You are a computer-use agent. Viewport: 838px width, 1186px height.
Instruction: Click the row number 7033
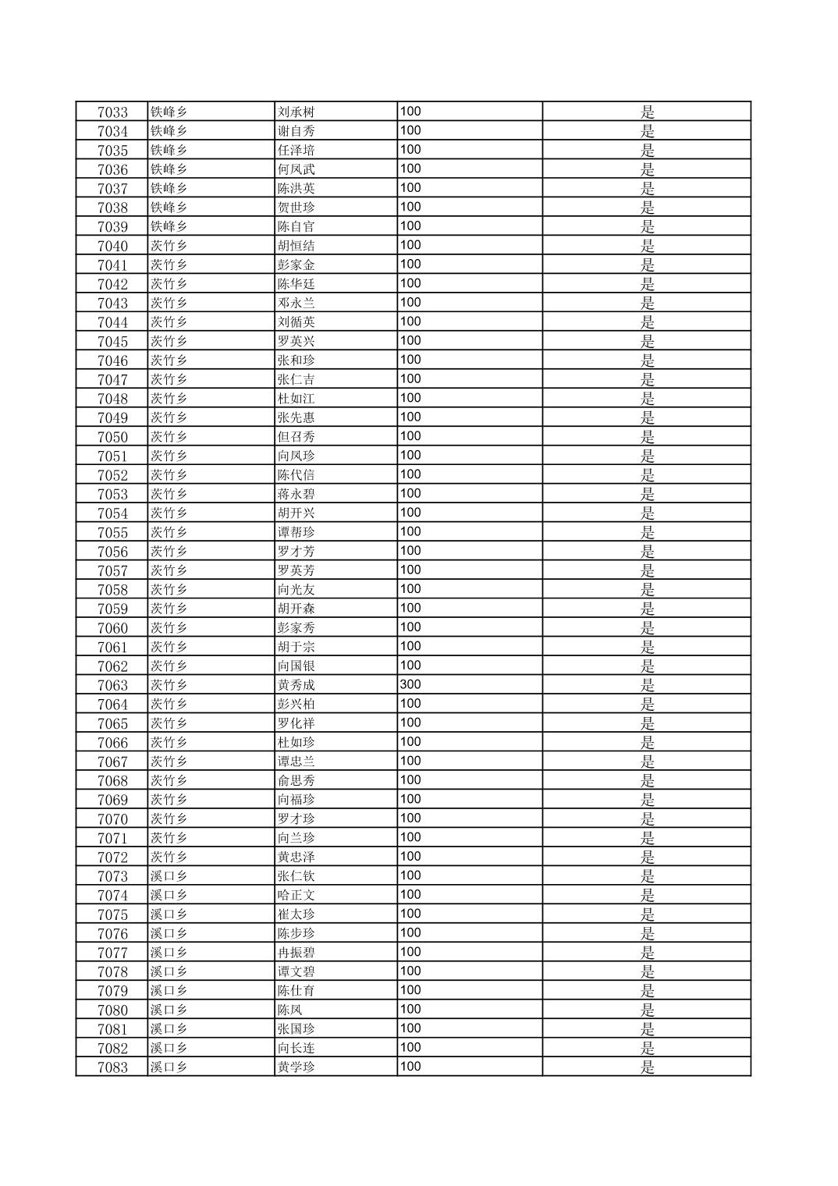[112, 112]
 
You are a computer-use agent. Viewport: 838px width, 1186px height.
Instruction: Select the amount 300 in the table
[410, 684]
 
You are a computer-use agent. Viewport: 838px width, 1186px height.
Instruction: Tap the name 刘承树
[296, 112]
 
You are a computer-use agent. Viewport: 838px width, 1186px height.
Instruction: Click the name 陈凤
[290, 1010]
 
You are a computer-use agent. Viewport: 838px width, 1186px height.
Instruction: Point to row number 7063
[112, 685]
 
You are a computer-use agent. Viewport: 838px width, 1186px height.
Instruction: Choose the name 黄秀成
[296, 685]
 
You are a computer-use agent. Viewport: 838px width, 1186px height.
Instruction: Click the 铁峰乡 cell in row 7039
[169, 226]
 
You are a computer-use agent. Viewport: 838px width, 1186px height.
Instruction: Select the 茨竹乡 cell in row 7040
[169, 246]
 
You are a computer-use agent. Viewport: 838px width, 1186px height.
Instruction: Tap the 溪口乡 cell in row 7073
[169, 876]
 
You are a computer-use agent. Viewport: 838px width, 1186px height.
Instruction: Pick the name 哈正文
[296, 895]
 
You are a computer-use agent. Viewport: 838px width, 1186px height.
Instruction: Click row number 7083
[112, 1067]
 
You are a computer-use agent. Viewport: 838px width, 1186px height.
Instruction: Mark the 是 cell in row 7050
[648, 437]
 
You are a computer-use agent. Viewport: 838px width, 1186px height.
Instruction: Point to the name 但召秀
[296, 437]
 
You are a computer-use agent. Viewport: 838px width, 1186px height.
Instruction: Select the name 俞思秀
[296, 780]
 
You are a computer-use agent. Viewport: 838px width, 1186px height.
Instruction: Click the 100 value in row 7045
[410, 340]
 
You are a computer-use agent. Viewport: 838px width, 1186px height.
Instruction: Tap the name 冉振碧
[296, 953]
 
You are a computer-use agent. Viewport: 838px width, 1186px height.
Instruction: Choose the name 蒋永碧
[296, 494]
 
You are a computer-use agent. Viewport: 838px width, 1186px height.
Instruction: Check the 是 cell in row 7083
[648, 1067]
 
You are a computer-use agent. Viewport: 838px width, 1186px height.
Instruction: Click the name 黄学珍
[296, 1067]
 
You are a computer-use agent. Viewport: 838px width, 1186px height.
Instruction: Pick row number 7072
[112, 857]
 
